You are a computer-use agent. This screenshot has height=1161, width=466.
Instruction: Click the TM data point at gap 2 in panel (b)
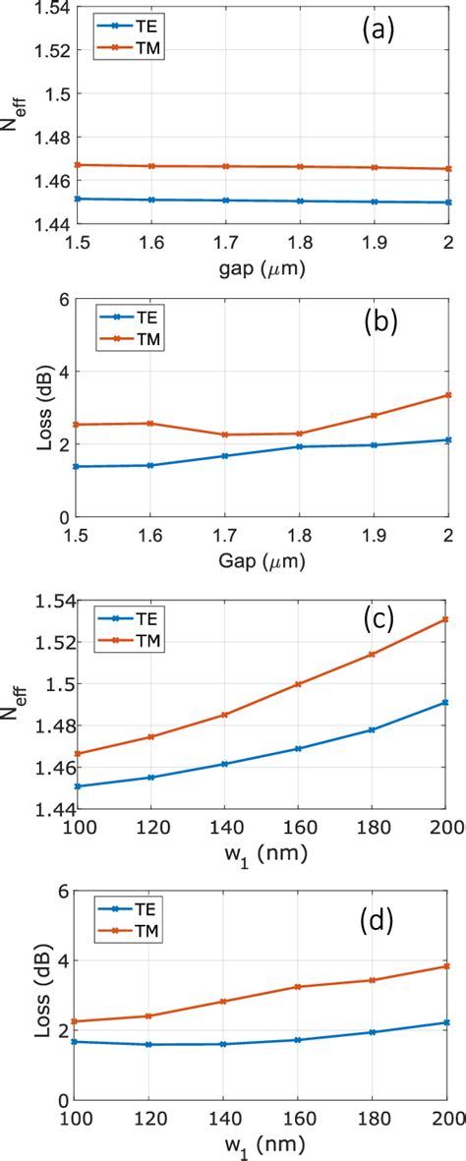point(447,395)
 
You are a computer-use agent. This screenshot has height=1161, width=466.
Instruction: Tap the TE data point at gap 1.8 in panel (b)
point(299,447)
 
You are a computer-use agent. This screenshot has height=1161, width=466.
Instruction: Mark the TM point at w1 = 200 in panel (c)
point(447,619)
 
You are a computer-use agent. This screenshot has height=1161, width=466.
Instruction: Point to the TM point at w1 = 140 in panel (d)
point(224,1002)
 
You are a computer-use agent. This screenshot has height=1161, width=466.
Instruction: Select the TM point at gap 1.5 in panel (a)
point(76,165)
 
